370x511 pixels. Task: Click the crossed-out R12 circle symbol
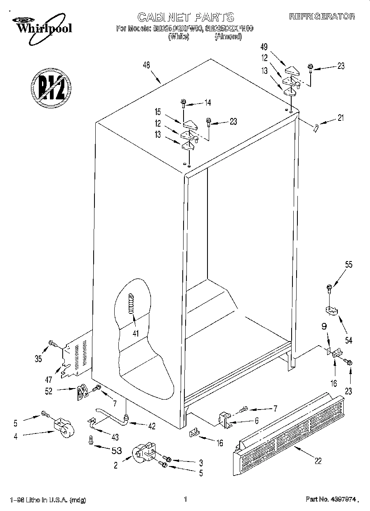[50, 87]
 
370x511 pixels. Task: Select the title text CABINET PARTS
[185, 17]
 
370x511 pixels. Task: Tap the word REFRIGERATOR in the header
[322, 16]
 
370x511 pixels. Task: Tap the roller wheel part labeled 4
[62, 427]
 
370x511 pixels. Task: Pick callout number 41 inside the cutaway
[133, 322]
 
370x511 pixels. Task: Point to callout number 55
[349, 265]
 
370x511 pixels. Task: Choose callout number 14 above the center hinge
[207, 102]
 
